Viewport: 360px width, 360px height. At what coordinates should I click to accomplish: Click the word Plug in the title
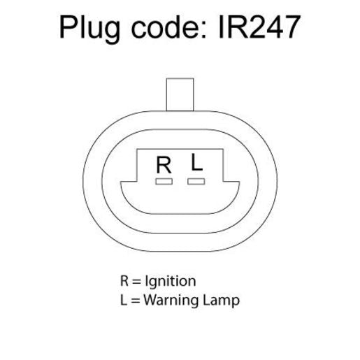click(89, 29)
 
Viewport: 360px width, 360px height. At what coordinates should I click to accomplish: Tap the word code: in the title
click(169, 27)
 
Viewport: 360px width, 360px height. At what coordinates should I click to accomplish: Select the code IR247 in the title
click(259, 27)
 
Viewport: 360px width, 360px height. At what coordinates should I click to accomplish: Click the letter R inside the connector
click(164, 165)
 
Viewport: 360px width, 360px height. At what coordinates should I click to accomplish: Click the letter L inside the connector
click(196, 162)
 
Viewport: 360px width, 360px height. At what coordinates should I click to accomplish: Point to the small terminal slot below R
click(164, 181)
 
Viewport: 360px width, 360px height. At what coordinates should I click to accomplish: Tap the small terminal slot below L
click(196, 181)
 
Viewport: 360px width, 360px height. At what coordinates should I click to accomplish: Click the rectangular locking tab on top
click(180, 94)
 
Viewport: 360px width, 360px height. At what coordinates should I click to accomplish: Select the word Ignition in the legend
click(171, 282)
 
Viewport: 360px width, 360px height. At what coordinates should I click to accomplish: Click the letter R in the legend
click(124, 281)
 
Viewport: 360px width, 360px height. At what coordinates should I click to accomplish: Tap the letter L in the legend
click(124, 300)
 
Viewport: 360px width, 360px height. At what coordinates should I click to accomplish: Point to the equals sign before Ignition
click(136, 282)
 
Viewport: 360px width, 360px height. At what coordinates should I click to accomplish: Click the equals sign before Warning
click(135, 301)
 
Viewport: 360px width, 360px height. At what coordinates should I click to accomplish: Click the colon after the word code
click(204, 30)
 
